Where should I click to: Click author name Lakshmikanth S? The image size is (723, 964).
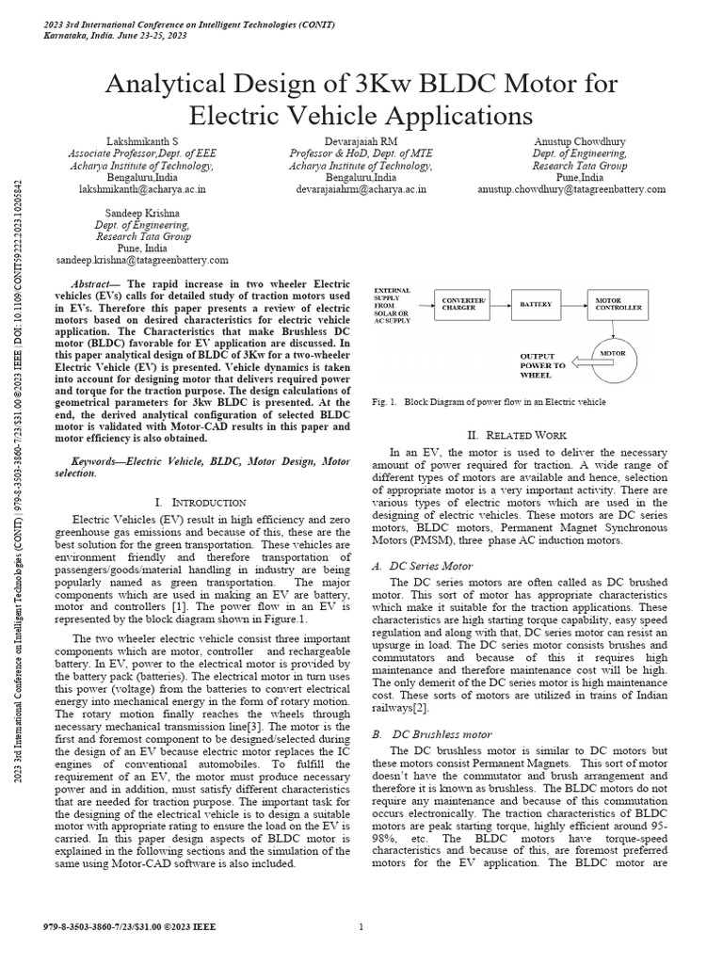[142, 141]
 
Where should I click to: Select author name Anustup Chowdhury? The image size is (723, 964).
[579, 141]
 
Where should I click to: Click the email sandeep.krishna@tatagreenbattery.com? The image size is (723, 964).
[142, 259]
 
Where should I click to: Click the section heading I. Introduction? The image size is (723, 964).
[199, 503]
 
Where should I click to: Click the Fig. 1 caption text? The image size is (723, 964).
[490, 401]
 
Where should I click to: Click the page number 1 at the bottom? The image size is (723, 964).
[361, 926]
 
